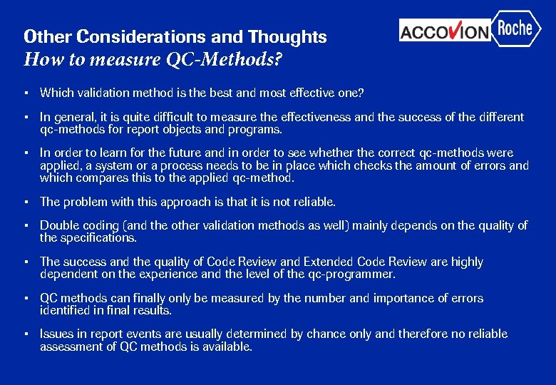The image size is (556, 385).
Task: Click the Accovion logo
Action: coord(445,31)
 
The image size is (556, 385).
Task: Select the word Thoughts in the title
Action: coord(287,36)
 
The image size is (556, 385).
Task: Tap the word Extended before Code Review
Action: coord(331,262)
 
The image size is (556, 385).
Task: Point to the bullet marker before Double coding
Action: coord(26,225)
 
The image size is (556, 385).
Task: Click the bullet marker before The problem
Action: coord(26,202)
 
